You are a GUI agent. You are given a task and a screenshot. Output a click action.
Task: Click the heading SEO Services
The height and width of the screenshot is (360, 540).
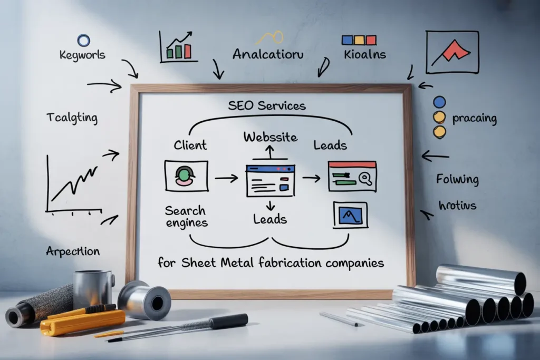pos(267,105)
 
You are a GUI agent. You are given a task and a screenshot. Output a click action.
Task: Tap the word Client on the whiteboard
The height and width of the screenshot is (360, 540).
pos(190,145)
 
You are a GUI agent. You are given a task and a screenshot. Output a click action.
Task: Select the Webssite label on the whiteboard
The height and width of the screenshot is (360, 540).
pos(271,137)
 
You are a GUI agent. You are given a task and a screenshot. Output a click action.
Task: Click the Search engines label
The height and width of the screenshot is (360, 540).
pos(186,217)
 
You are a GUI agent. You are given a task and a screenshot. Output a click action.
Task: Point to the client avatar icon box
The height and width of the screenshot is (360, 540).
pos(186,176)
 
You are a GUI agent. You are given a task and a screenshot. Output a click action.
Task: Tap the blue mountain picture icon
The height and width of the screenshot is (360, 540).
pos(350,215)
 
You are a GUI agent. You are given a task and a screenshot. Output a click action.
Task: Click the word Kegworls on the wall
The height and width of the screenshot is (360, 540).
pos(83,55)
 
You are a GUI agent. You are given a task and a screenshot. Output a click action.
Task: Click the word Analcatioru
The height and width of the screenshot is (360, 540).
pos(268,54)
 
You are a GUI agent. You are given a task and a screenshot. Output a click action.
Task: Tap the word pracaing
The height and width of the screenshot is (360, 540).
pos(474,118)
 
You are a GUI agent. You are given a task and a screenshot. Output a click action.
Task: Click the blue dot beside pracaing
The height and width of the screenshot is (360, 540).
pos(439,102)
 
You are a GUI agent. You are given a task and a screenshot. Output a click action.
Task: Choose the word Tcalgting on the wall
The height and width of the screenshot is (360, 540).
pos(72,118)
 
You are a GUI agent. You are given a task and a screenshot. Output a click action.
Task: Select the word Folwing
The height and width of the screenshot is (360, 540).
pos(457,179)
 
